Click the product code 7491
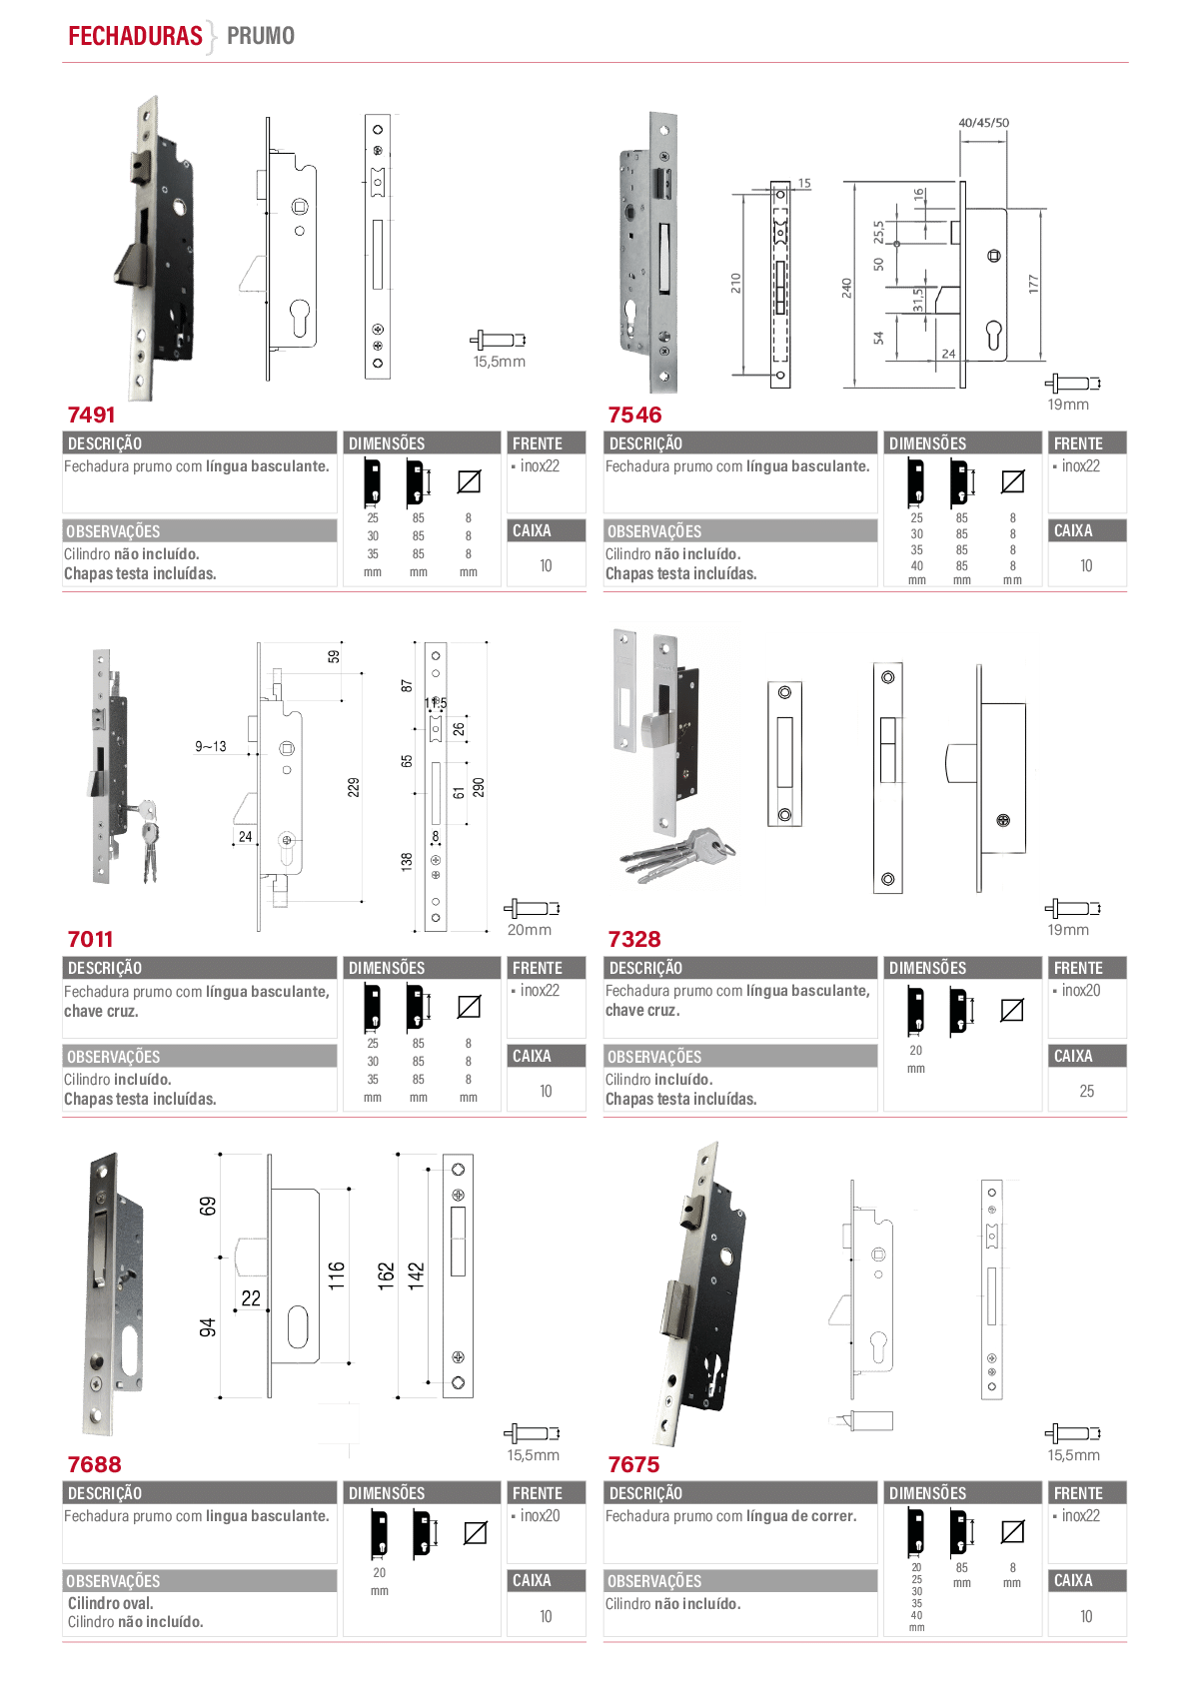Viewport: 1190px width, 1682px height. pyautogui.click(x=91, y=415)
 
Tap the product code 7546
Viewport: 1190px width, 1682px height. pyautogui.click(x=634, y=415)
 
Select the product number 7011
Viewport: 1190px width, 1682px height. pyautogui.click(x=90, y=939)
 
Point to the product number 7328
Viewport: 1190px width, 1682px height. pyautogui.click(x=634, y=939)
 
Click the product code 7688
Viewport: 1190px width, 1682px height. pyautogui.click(x=94, y=1464)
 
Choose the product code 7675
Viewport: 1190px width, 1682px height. pyautogui.click(x=633, y=1464)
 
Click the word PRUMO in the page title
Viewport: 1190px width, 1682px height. pyautogui.click(x=261, y=35)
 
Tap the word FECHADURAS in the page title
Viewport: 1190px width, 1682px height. pyautogui.click(x=135, y=35)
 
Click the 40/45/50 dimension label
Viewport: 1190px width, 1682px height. pyautogui.click(x=983, y=123)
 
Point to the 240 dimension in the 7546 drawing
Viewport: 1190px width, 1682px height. pyautogui.click(x=846, y=289)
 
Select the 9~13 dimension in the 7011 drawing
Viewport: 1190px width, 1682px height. pyautogui.click(x=211, y=746)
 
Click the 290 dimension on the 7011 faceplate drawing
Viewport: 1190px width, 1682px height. pyautogui.click(x=479, y=787)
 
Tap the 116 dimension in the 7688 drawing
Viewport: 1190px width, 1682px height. pyautogui.click(x=336, y=1275)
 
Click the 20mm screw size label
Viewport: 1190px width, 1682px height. pyautogui.click(x=529, y=930)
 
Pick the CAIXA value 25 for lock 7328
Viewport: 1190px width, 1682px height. pyautogui.click(x=1086, y=1091)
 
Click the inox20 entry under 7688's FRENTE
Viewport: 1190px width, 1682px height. pyautogui.click(x=541, y=1516)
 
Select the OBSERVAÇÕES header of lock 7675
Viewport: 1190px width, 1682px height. pyautogui.click(x=654, y=1581)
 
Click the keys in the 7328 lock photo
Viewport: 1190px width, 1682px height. pyautogui.click(x=677, y=855)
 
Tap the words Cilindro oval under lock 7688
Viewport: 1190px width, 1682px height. pyautogui.click(x=111, y=1603)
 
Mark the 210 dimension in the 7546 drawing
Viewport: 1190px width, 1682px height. pyautogui.click(x=735, y=283)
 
